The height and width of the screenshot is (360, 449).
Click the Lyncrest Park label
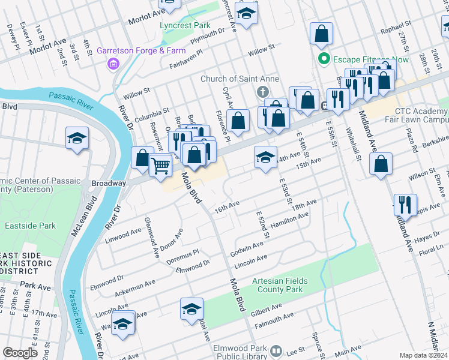pos(185,26)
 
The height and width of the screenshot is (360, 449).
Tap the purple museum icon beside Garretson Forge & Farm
pos(112,63)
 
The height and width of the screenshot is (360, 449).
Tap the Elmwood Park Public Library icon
pos(276,350)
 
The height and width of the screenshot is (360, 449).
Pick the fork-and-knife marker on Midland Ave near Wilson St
pos(405,204)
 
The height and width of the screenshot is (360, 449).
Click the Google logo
pos(20,353)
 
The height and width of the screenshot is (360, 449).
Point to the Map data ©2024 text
pos(423,355)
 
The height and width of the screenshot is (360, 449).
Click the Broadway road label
pos(108,183)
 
